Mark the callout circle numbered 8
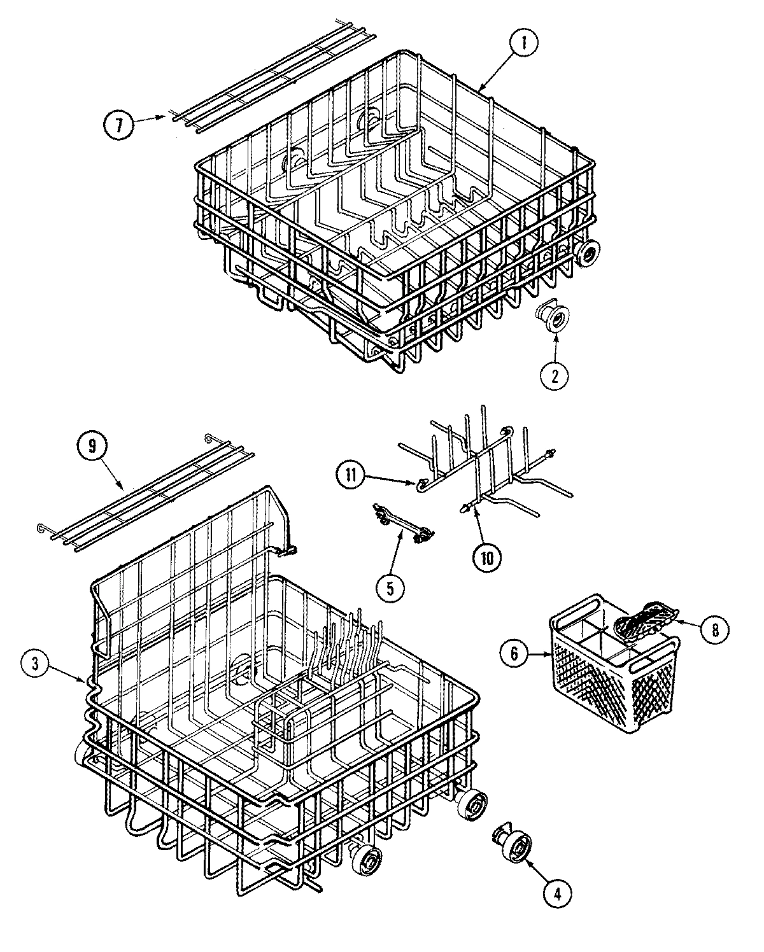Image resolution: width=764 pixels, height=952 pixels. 714,630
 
